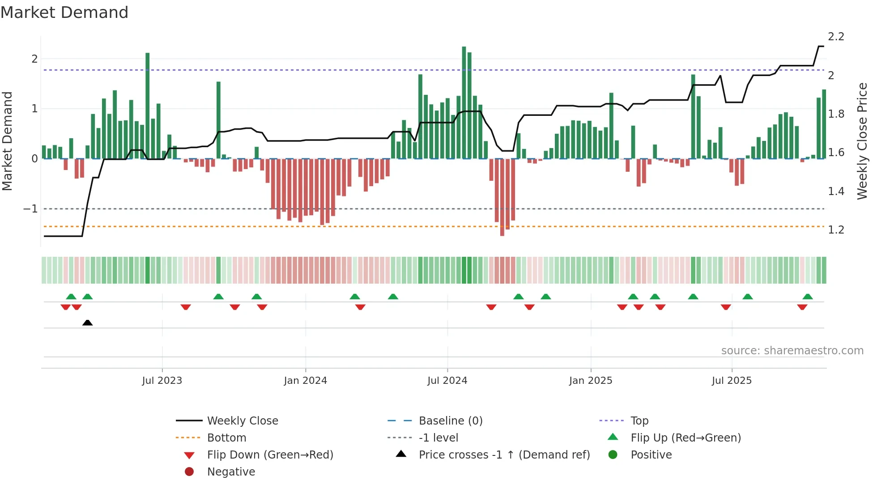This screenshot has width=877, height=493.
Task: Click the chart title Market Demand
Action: tap(64, 13)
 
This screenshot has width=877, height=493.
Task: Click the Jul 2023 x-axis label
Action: tap(162, 381)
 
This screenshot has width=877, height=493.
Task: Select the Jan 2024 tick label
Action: tap(305, 381)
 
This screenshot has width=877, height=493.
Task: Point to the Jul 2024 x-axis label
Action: tap(447, 381)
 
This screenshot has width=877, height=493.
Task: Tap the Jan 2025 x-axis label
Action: tap(591, 381)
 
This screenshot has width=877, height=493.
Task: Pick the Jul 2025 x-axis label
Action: tap(732, 381)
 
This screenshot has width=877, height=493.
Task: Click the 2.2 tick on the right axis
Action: tap(836, 37)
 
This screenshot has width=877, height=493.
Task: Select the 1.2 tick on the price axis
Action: tap(836, 230)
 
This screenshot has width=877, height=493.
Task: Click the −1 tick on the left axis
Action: tap(30, 209)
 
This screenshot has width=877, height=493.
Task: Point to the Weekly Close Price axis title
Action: tap(862, 141)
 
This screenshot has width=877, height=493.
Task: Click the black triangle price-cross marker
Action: tap(88, 323)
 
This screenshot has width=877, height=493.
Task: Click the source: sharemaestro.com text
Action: tap(792, 351)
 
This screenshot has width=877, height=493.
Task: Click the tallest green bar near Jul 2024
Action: tap(464, 103)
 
